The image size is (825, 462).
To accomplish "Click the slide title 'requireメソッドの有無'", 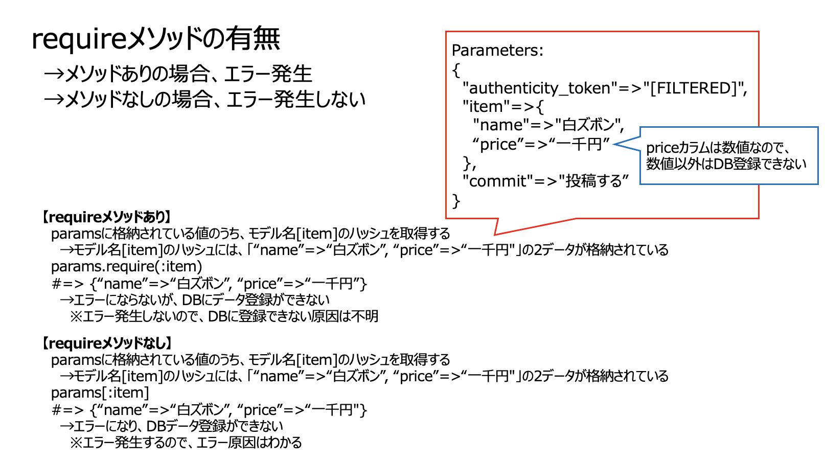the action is click(156, 39).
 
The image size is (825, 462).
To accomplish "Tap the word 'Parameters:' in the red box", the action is click(497, 51).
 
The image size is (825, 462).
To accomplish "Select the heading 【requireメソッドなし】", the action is click(106, 343).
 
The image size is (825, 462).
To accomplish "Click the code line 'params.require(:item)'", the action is click(127, 267).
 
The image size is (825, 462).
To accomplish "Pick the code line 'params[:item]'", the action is click(100, 393).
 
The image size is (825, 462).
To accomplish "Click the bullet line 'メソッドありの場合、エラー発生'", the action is click(178, 74).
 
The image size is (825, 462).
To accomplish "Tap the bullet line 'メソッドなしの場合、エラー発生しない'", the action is click(204, 99).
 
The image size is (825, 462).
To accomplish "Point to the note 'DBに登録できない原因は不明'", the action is click(293, 316).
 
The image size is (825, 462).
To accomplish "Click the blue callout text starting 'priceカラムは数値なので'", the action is click(718, 148).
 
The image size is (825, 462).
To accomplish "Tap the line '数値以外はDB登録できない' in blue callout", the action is click(726, 164).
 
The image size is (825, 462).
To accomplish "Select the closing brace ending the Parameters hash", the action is click(456, 201).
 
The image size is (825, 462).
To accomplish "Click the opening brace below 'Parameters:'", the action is click(456, 70).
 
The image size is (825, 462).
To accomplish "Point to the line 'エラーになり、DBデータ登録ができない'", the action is click(171, 426).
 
